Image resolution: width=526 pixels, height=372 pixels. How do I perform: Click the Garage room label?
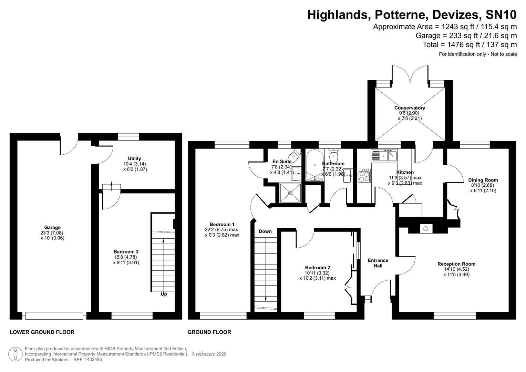(52, 227)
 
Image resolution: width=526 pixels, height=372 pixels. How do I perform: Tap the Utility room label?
(134, 158)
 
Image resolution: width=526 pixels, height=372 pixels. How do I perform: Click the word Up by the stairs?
(164, 294)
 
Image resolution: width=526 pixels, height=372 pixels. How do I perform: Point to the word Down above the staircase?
(265, 231)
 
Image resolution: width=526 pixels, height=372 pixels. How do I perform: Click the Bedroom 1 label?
(222, 225)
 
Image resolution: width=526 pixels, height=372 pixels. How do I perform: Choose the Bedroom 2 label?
(317, 268)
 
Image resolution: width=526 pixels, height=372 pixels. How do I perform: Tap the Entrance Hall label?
(378, 263)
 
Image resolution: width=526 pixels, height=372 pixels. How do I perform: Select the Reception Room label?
(456, 264)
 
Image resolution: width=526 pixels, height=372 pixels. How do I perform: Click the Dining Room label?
(483, 180)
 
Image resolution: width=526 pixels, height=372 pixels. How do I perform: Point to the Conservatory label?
(410, 108)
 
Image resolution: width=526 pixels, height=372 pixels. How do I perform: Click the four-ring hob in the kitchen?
(364, 176)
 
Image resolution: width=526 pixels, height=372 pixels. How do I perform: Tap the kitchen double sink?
(384, 156)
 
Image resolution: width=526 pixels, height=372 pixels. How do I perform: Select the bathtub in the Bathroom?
(314, 165)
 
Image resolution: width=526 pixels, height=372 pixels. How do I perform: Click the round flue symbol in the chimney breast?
(426, 228)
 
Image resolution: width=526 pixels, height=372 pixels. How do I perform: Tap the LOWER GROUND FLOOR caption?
(42, 332)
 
